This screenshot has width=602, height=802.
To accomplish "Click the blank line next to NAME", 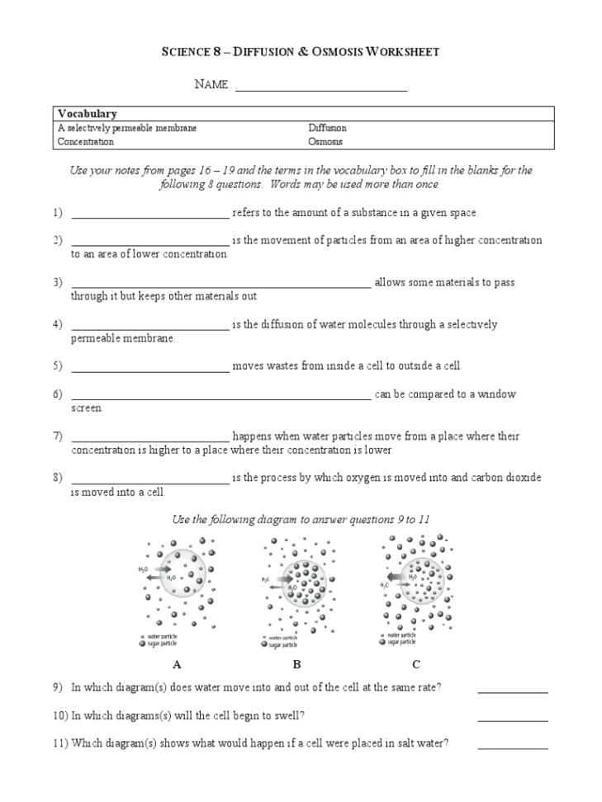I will [x=321, y=87].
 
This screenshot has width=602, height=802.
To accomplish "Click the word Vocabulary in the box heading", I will [x=87, y=114].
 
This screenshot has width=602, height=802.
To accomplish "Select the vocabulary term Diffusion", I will [x=327, y=128].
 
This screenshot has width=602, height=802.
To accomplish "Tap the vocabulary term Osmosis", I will [x=325, y=141].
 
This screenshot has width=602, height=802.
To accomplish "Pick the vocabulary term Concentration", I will [x=86, y=141].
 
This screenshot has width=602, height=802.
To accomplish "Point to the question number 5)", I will [x=57, y=366].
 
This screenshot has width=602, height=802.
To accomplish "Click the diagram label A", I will [x=177, y=664].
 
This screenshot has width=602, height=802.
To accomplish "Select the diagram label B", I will [x=296, y=664].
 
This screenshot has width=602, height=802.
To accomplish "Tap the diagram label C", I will [x=416, y=664].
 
